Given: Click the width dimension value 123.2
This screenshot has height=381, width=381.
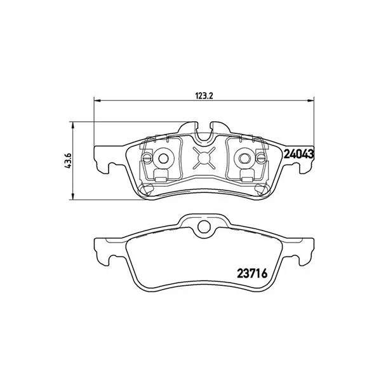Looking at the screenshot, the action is tap(204, 96).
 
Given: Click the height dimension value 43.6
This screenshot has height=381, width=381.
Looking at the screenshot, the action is tap(68, 161).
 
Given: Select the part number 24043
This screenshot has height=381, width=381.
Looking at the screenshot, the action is tap(299, 154).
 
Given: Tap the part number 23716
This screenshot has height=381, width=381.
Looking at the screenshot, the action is tap(252, 274).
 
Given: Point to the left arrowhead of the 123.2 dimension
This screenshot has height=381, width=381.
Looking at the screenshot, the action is tap(97, 100).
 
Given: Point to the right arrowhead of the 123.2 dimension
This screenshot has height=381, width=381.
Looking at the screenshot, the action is tap(311, 100).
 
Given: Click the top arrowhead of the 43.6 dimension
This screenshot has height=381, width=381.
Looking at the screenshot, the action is tap(72, 125).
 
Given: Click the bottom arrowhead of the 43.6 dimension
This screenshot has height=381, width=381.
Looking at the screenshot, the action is tap(72, 196).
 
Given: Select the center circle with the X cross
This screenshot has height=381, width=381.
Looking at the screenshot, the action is tap(204, 158).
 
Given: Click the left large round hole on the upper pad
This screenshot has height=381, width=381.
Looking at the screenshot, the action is tap(163, 159).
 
